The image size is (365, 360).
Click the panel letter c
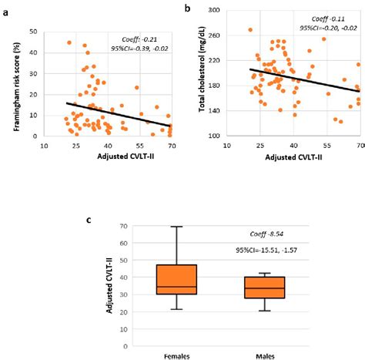pyautogui.click(x=90, y=220)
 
